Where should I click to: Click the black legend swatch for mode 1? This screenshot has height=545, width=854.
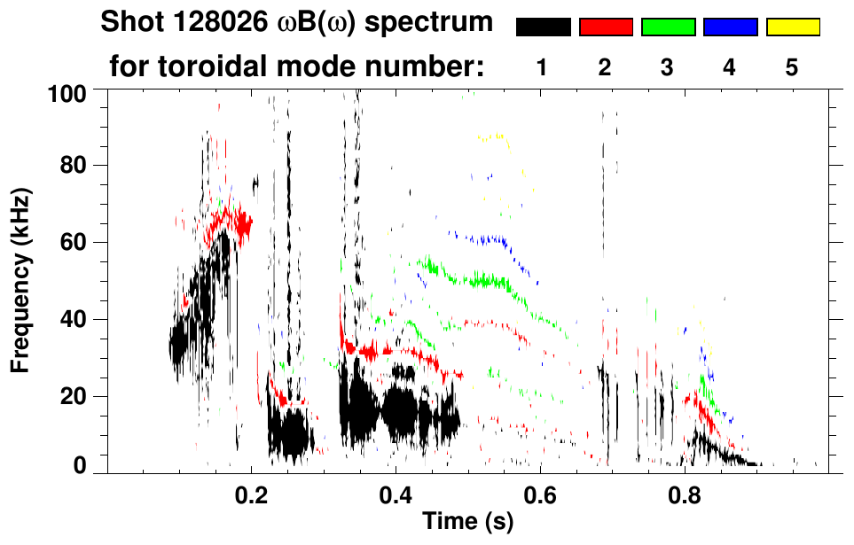pos(543,27)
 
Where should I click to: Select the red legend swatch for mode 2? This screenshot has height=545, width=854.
pos(606,27)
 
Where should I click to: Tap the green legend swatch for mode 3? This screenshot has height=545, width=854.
pos(668,27)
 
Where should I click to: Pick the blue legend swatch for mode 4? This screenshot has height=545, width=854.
pos(730,27)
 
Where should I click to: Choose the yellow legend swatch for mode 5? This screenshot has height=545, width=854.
pos(793,27)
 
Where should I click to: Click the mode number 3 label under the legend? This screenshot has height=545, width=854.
pos(668,67)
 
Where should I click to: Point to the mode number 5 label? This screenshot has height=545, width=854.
pos(792,67)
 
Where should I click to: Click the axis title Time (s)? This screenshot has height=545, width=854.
pos(467,523)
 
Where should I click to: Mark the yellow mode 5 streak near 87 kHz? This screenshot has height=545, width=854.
pos(490,136)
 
